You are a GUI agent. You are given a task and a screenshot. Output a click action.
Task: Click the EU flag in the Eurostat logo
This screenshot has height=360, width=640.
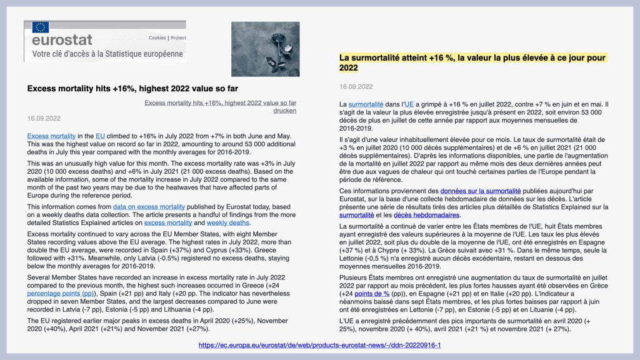tap(41, 27)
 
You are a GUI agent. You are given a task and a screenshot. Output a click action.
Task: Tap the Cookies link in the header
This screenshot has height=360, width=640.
tap(157, 37)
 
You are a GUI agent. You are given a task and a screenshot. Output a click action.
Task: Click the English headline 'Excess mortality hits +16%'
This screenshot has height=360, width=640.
tap(132, 89)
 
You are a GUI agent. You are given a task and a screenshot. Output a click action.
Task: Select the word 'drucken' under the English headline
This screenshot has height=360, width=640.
tap(285, 110)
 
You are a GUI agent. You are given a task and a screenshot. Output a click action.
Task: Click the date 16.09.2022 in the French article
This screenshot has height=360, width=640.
tap(356, 87)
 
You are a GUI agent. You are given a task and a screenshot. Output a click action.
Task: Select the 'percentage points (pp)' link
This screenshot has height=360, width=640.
tap(61, 292)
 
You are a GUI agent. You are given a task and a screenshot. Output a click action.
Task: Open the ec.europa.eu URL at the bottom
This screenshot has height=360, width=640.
tap(320, 344)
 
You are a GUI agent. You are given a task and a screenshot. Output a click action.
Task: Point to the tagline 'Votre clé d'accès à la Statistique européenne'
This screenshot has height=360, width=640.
tap(104, 54)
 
